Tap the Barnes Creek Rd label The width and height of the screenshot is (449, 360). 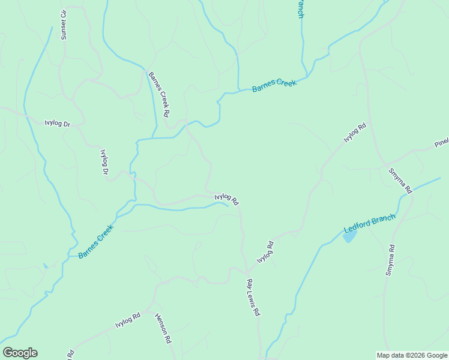(x=160, y=94)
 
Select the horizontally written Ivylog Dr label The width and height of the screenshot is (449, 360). (x=58, y=124)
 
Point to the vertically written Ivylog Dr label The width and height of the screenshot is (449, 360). (x=103, y=161)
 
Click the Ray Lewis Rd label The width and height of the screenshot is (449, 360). (x=253, y=297)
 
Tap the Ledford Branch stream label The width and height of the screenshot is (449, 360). (x=369, y=224)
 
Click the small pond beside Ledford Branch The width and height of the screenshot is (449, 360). (x=349, y=236)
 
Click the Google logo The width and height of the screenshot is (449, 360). (x=20, y=353)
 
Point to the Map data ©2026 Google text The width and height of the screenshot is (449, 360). (x=412, y=355)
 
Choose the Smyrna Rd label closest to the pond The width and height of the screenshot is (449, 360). (x=391, y=260)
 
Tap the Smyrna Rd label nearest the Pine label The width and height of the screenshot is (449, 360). (x=400, y=180)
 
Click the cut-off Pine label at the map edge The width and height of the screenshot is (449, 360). (x=442, y=143)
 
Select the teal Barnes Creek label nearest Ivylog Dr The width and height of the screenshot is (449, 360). (x=96, y=245)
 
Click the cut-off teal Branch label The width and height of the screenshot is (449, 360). (x=300, y=8)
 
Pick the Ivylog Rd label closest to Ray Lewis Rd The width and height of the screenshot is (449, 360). (x=265, y=252)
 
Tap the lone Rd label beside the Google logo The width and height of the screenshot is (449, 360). (x=71, y=354)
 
